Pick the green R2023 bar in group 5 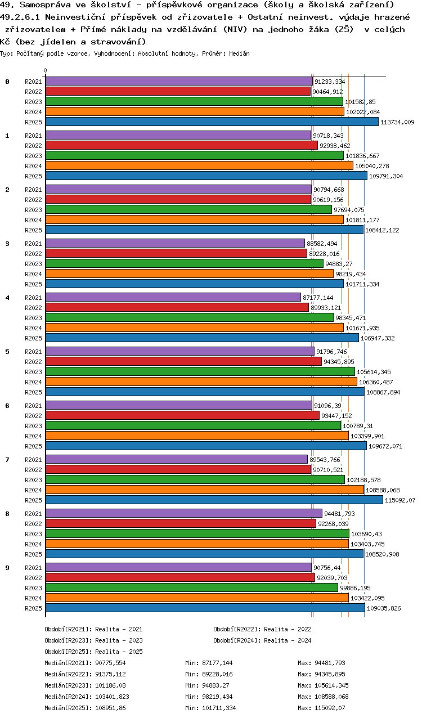200,372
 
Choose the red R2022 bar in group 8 180,524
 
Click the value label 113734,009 397,122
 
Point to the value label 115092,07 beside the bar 400,500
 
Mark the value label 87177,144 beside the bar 318,298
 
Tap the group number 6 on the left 7,406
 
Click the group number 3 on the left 7,244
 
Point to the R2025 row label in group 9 33,608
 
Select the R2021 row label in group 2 33,190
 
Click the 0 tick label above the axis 46,71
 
